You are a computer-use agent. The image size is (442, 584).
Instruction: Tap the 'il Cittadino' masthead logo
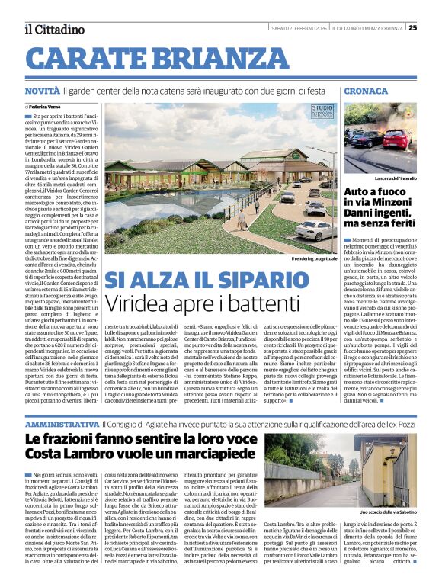coord(54,29)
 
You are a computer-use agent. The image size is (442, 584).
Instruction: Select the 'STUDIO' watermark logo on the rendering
coord(322,112)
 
